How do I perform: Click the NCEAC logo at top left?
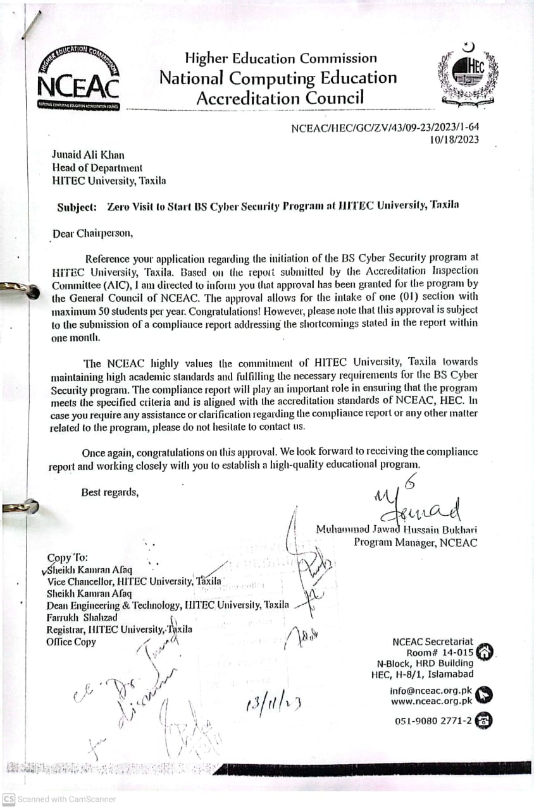coord(78,76)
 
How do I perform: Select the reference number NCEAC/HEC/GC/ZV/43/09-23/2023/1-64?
coord(385,128)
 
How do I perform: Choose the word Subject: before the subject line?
coord(77,207)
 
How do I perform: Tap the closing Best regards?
coord(109,492)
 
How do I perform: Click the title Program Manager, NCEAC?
coord(415,542)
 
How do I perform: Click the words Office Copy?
coord(71,642)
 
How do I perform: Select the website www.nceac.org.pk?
coord(432,701)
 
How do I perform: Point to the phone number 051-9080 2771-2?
coord(433,721)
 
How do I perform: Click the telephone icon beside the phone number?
coord(484,721)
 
